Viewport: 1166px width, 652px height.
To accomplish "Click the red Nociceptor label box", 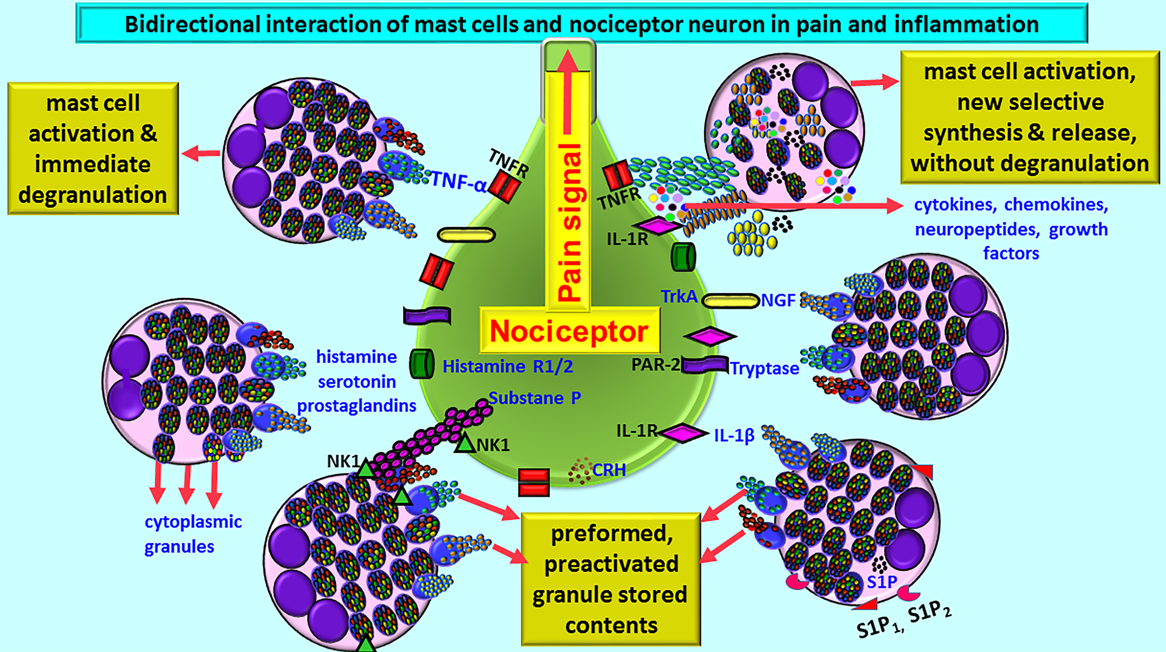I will pyautogui.click(x=569, y=331).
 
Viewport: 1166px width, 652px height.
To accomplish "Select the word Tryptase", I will pyautogui.click(x=764, y=368).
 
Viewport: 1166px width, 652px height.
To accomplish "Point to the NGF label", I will pyautogui.click(x=777, y=300).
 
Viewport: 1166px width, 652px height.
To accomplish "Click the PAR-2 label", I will pyautogui.click(x=655, y=364).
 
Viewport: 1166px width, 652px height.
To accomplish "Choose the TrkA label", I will pyautogui.click(x=679, y=297).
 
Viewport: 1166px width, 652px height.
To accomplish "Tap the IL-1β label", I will pyautogui.click(x=734, y=436).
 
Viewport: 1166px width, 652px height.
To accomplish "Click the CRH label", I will pyautogui.click(x=609, y=470).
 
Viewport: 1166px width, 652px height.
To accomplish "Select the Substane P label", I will pyautogui.click(x=534, y=398).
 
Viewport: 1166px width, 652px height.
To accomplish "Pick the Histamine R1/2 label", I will pyautogui.click(x=507, y=367).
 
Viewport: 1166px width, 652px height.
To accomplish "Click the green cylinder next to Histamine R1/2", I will pyautogui.click(x=422, y=364).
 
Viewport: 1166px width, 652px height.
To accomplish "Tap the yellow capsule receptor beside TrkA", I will pyautogui.click(x=730, y=301).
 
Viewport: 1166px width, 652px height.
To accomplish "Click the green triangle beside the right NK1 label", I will pyautogui.click(x=465, y=443).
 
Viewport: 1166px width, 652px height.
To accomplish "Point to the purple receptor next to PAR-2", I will pyautogui.click(x=705, y=365).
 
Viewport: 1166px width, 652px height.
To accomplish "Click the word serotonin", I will pyautogui.click(x=357, y=382).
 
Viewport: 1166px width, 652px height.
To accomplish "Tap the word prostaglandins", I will pyautogui.click(x=357, y=406).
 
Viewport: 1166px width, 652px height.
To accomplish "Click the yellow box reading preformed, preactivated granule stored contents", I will pyautogui.click(x=611, y=579).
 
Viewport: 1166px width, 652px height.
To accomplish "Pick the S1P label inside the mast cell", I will pyautogui.click(x=881, y=582).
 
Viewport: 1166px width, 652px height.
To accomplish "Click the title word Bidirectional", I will pyautogui.click(x=192, y=24).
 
